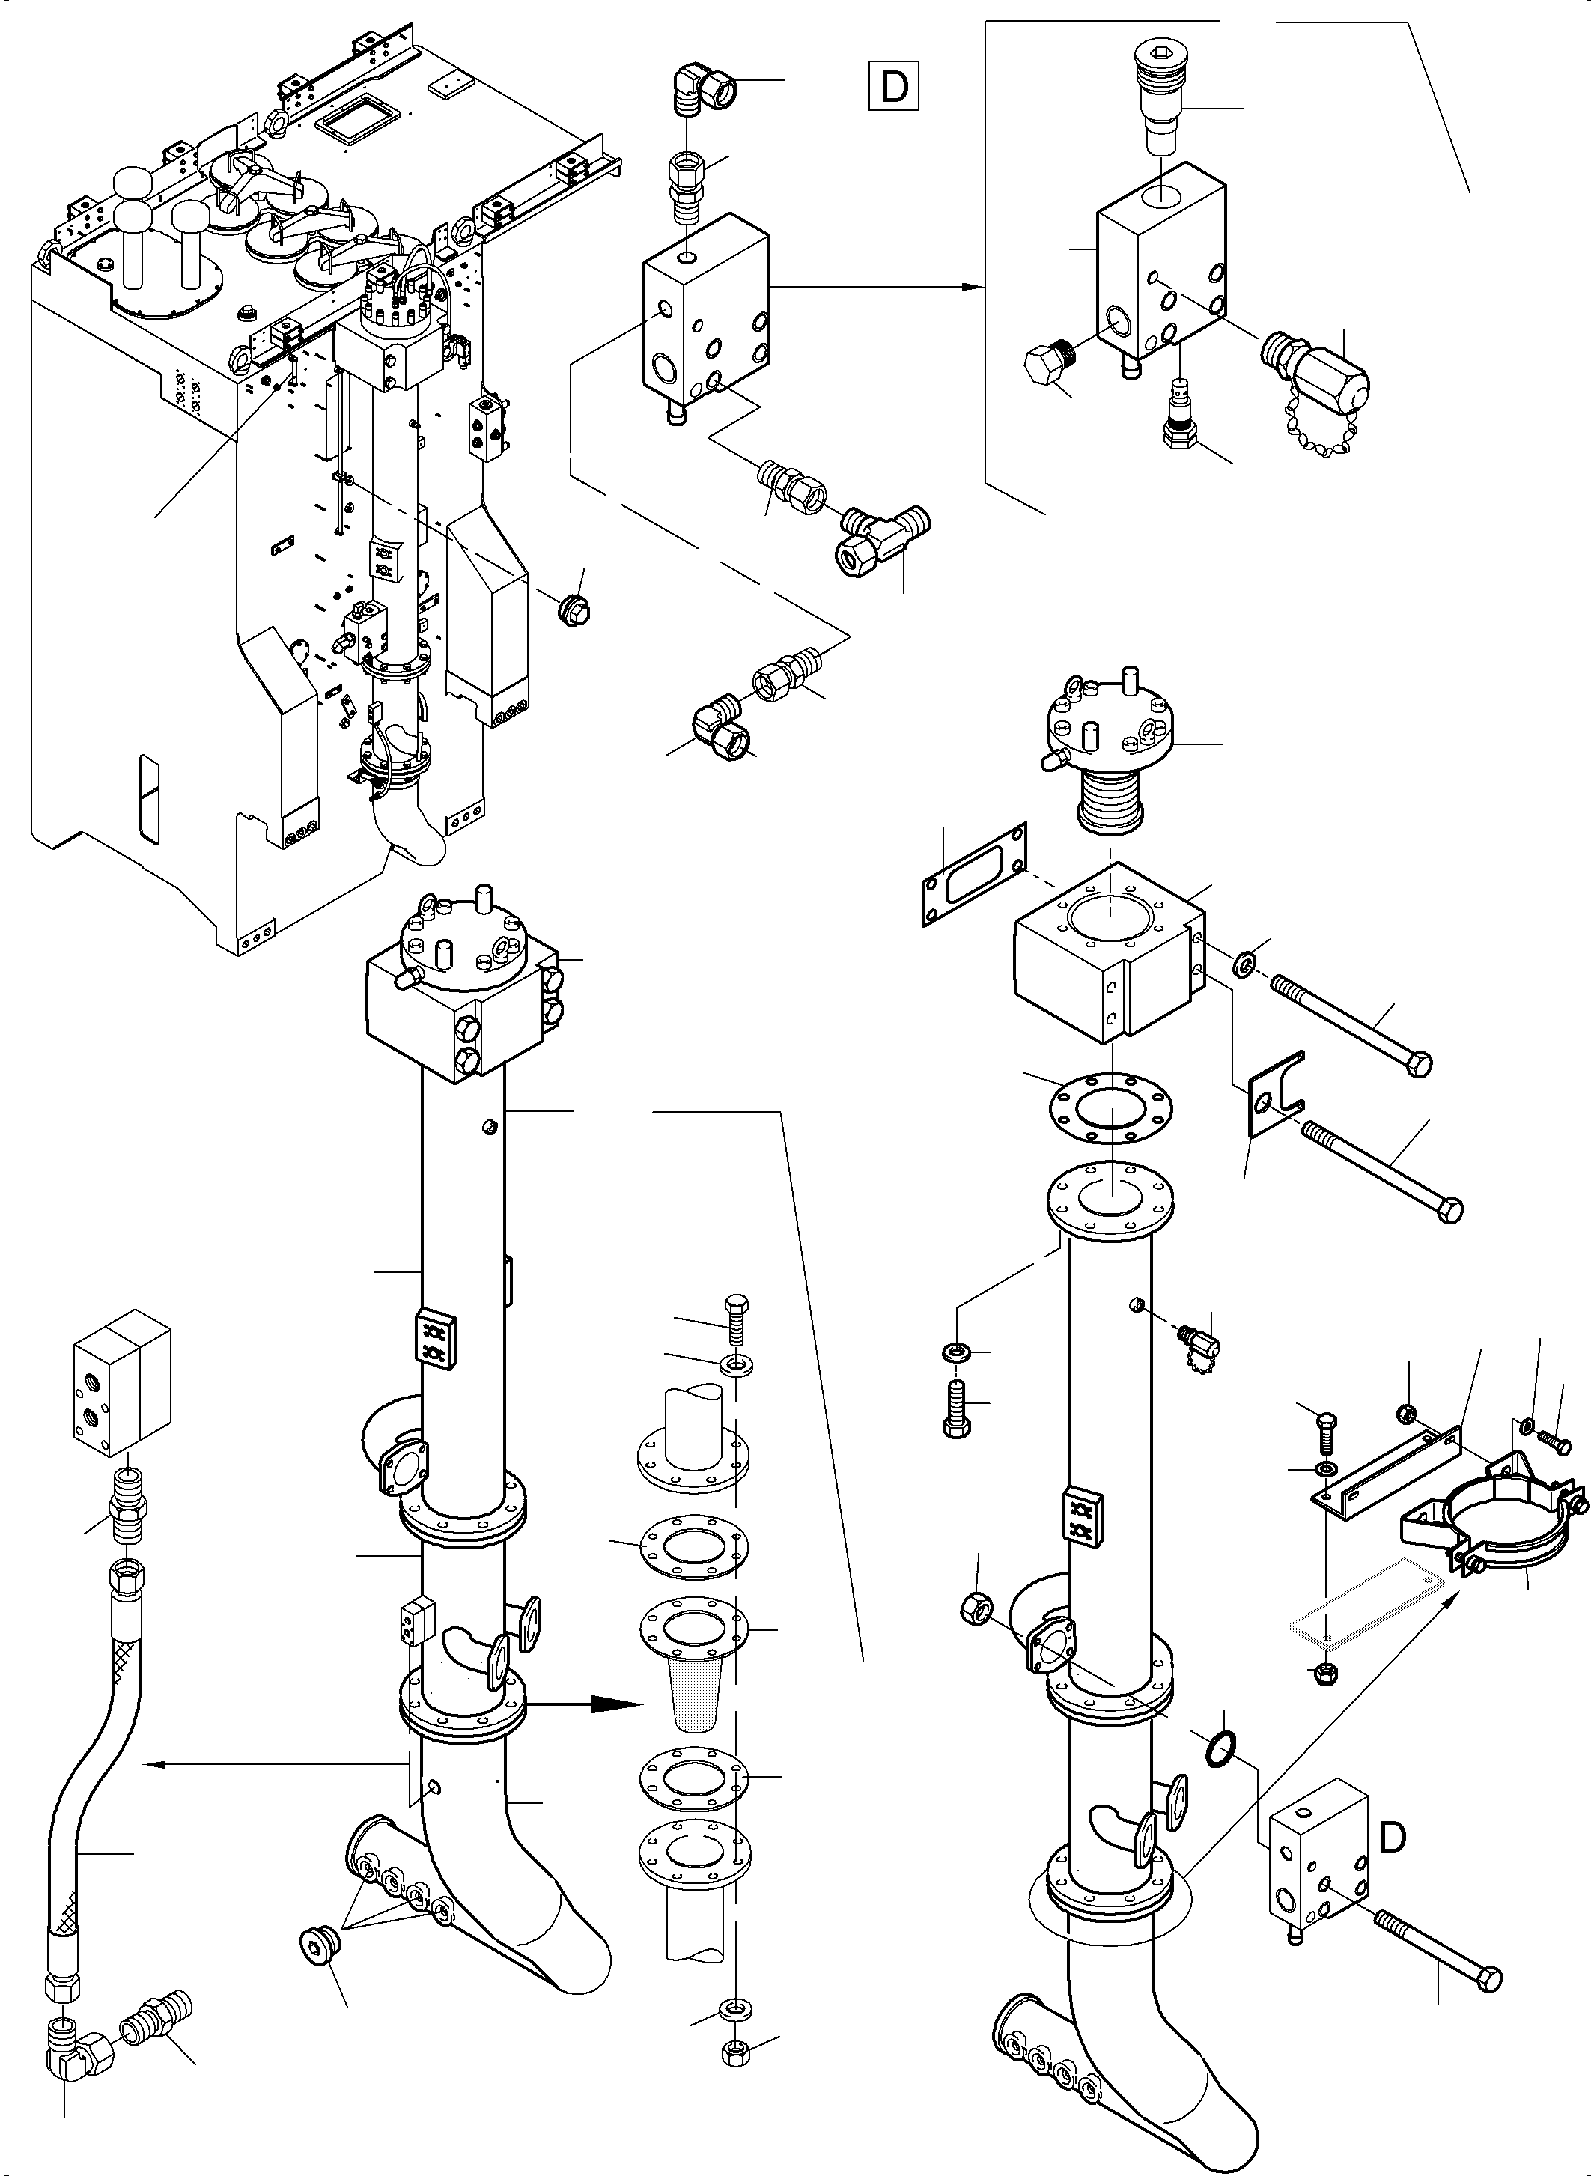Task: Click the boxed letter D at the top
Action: (x=894, y=85)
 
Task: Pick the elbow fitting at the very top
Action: (x=702, y=94)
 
